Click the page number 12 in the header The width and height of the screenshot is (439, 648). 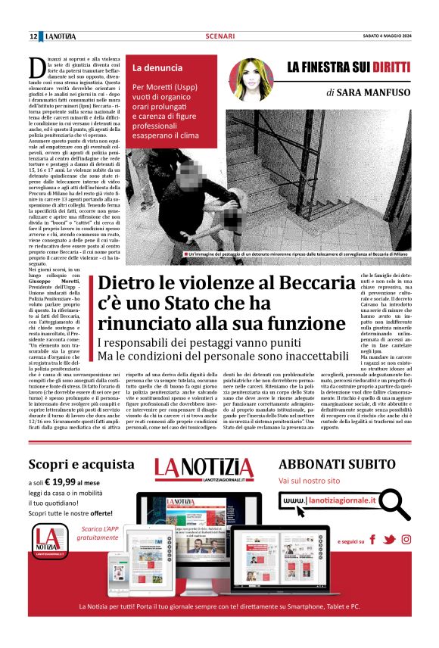pos(33,36)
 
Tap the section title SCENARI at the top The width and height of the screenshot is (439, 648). pos(219,36)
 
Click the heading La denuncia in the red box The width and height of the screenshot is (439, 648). pos(157,68)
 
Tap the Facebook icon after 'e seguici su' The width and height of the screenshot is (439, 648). pos(372,540)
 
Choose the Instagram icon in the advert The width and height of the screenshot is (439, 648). pos(406,540)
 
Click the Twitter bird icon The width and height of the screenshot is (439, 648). pos(389,540)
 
